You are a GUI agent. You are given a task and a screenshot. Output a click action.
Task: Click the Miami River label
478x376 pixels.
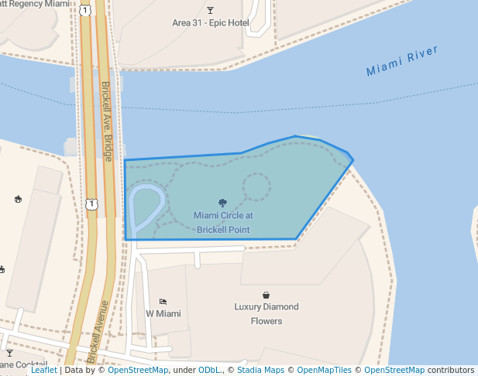402,62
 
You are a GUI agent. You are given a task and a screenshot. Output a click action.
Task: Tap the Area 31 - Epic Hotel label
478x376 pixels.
211,23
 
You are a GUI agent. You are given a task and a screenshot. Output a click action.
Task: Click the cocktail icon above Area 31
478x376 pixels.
211,10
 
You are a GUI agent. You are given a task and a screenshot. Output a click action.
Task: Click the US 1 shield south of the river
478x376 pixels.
93,204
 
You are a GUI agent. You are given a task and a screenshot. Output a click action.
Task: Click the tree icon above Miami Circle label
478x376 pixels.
223,203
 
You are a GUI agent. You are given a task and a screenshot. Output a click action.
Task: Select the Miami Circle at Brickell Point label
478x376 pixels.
223,223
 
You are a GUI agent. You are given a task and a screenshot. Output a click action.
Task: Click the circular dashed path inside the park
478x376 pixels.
256,186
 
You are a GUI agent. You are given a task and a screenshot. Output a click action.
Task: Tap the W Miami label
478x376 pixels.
163,314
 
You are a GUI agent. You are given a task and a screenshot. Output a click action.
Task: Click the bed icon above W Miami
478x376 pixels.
163,301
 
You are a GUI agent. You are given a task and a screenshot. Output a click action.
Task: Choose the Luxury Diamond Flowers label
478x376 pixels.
267,313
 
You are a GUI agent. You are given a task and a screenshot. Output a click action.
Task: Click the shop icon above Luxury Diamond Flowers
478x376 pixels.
267,295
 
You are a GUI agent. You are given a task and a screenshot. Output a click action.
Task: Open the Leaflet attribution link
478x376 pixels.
43,371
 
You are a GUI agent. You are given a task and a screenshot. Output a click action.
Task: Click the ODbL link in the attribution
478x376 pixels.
208,371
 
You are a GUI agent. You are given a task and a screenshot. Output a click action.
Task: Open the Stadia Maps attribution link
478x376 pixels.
258,371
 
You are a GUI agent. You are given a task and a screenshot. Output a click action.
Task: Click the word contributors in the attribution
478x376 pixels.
451,371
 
